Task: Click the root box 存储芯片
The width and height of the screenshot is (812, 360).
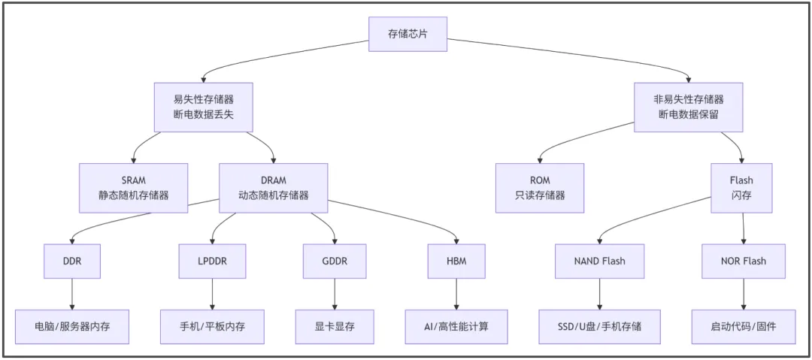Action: pyautogui.click(x=408, y=34)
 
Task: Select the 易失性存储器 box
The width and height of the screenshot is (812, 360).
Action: pyautogui.click(x=202, y=107)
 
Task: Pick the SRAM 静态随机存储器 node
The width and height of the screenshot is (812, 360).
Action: pyautogui.click(x=134, y=188)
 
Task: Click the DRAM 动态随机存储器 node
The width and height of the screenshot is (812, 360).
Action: pyautogui.click(x=273, y=188)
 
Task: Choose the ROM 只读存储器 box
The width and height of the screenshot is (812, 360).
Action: pyautogui.click(x=539, y=188)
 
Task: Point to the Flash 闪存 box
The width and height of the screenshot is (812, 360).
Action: pyautogui.click(x=741, y=188)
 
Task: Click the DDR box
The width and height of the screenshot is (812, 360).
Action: pyautogui.click(x=72, y=261)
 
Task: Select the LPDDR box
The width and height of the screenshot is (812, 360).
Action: pyautogui.click(x=212, y=261)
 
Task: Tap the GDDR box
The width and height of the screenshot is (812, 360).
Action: pyautogui.click(x=335, y=261)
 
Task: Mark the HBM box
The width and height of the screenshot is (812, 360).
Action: pyautogui.click(x=456, y=261)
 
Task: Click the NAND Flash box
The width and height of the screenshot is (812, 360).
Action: pyautogui.click(x=599, y=261)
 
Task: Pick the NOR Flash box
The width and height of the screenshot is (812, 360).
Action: pyautogui.click(x=743, y=261)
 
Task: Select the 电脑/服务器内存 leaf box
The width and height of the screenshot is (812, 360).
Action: pyautogui.click(x=72, y=327)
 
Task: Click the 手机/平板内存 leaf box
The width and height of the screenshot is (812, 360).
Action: pyautogui.click(x=212, y=327)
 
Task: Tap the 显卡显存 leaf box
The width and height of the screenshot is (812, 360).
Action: pyautogui.click(x=335, y=327)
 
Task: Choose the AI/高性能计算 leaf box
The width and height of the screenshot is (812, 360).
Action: pyautogui.click(x=456, y=327)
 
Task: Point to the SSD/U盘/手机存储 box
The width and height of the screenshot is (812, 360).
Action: pyautogui.click(x=599, y=327)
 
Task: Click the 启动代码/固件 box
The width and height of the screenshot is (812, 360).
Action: pyautogui.click(x=743, y=327)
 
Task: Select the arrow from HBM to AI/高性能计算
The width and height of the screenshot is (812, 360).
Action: pyautogui.click(x=456, y=294)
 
